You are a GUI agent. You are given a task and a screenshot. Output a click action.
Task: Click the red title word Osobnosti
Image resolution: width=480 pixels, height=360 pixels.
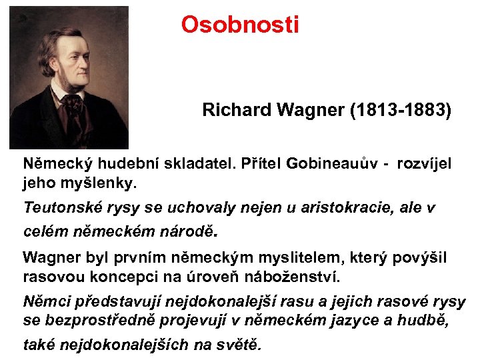coord(240,25)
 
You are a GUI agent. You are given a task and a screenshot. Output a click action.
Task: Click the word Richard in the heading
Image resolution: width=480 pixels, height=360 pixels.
coord(233,110)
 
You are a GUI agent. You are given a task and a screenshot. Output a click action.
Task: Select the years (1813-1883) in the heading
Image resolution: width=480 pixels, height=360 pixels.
coord(400,110)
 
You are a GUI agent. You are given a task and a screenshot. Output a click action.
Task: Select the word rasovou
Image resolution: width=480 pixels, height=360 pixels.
coord(49,275)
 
